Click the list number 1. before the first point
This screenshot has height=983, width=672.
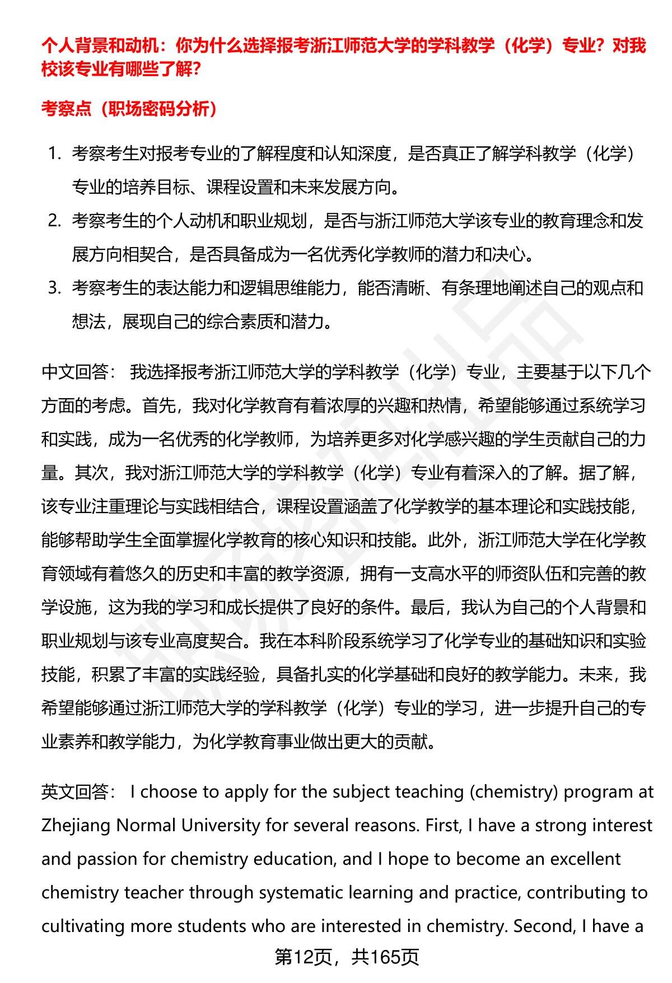click(54, 153)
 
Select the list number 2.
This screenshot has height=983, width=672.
click(54, 221)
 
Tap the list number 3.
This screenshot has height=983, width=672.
click(54, 288)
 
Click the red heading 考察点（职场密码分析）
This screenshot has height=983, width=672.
click(129, 108)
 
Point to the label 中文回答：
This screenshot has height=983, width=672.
click(79, 372)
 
